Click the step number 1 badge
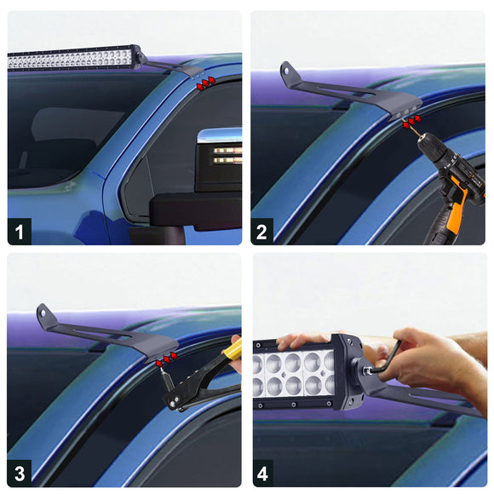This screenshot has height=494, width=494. [x=20, y=232]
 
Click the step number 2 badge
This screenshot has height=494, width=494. [x=262, y=232]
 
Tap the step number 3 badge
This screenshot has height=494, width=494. [x=20, y=474]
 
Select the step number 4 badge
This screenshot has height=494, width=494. [x=262, y=474]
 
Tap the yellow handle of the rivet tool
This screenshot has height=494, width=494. [x=233, y=350]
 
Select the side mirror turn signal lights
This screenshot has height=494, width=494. [x=227, y=156]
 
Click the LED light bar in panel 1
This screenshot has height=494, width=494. [x=73, y=58]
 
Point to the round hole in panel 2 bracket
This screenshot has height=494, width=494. [x=287, y=71]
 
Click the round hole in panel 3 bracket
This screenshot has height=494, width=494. [x=43, y=313]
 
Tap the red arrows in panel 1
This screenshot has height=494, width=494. [x=206, y=83]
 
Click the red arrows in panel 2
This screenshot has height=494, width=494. [x=412, y=122]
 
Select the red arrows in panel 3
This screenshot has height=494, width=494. [x=167, y=359]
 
